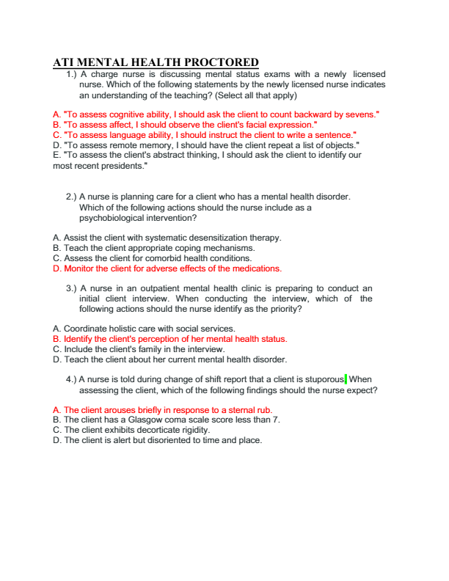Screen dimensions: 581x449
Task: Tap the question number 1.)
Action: coord(72,75)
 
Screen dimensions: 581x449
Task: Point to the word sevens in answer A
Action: coord(359,114)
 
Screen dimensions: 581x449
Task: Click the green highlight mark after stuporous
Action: coord(346,379)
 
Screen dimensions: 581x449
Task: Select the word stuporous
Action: coord(323,379)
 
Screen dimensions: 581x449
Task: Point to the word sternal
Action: coord(236,410)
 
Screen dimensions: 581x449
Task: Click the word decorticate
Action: coord(145,430)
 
